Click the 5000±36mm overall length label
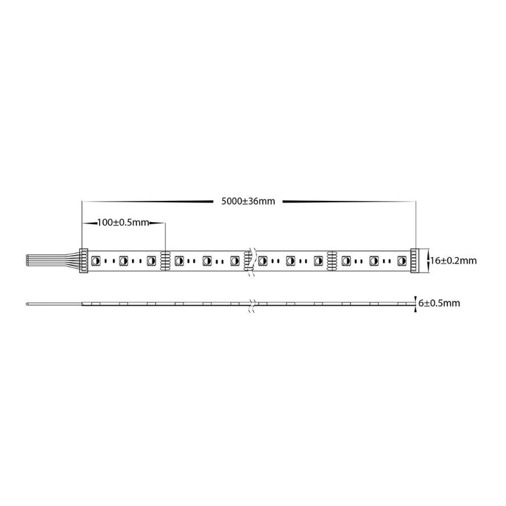coord(248,202)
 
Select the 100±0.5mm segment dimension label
coord(123,222)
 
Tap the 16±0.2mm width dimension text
coord(453,261)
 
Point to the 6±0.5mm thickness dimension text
coord(439,303)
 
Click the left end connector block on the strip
coord(84,261)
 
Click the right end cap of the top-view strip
coord(415,261)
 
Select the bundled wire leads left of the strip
coord(53,260)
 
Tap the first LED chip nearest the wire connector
coord(96,261)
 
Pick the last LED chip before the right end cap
coord(402,261)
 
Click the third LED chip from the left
coord(151,261)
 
